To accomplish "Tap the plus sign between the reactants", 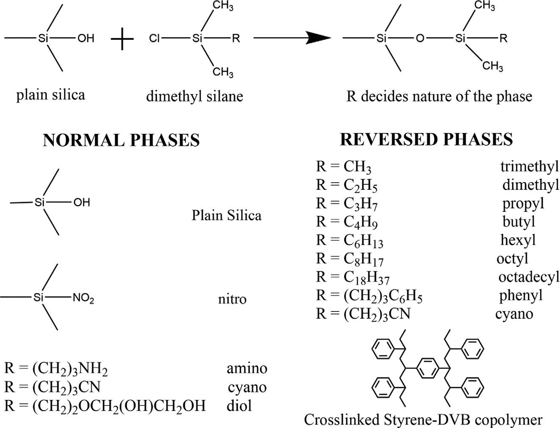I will click(x=122, y=39).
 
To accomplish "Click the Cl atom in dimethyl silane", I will click(x=154, y=39).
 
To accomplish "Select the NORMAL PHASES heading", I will click(x=121, y=140).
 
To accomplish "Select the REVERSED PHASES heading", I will click(x=426, y=139).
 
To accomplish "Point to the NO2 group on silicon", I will click(x=83, y=298).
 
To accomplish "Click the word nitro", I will click(x=232, y=299).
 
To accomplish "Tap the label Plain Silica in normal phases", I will click(x=226, y=215).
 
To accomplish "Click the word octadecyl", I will click(x=528, y=277).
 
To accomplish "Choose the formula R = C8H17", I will click(x=350, y=258).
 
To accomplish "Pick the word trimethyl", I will click(x=530, y=166).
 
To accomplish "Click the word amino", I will click(x=247, y=368).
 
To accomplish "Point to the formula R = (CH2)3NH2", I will click(x=56, y=369).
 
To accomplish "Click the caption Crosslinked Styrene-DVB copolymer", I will click(x=423, y=420).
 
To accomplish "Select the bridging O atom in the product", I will click(x=419, y=39).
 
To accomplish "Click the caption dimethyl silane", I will click(x=195, y=96).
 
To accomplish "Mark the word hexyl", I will click(x=518, y=240).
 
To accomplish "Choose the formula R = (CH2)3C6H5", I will click(x=369, y=296).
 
